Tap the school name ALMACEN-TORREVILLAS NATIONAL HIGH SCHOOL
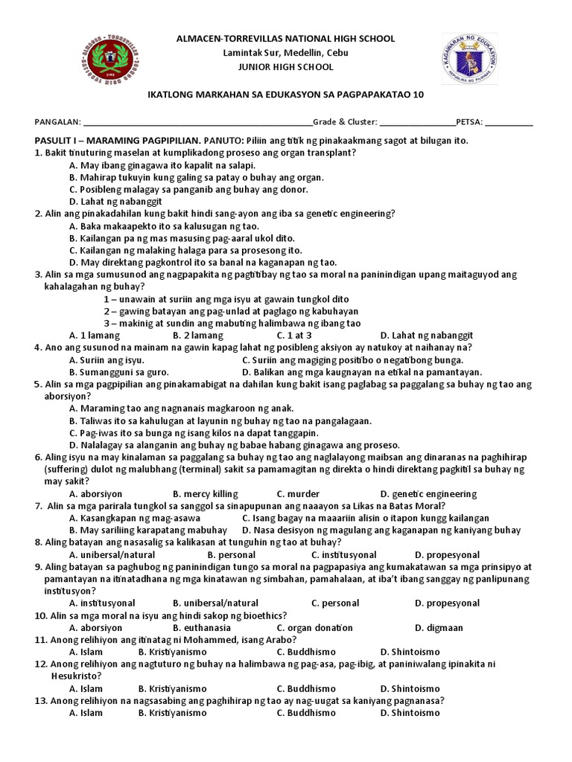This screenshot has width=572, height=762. pyautogui.click(x=285, y=39)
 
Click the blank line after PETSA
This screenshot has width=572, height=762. pyautogui.click(x=509, y=122)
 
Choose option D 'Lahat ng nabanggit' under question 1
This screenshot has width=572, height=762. pyautogui.click(x=115, y=201)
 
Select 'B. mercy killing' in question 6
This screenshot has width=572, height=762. pyautogui.click(x=206, y=493)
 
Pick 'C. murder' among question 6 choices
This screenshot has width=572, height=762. pyautogui.click(x=298, y=493)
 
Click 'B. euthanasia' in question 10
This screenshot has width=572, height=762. pyautogui.click(x=205, y=627)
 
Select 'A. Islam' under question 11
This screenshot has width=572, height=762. pyautogui.click(x=86, y=652)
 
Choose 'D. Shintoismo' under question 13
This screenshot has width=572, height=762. pyautogui.click(x=410, y=713)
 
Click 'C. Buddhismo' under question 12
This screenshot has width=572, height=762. pyautogui.click(x=306, y=688)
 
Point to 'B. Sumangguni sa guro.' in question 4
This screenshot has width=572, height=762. pyautogui.click(x=119, y=372)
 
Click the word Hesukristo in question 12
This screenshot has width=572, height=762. pyautogui.click(x=76, y=676)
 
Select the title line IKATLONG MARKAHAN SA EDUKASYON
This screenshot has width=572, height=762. pyautogui.click(x=285, y=95)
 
